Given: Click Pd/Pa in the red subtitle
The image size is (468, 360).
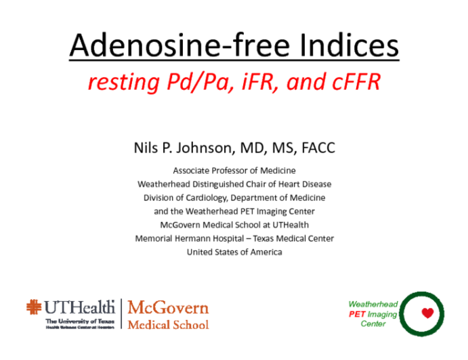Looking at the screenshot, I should point(198,82).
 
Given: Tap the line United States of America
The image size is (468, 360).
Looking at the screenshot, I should point(234,252).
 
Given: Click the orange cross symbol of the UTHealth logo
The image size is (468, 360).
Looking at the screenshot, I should point(34,307).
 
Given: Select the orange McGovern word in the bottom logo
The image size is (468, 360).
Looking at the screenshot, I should point(168,308).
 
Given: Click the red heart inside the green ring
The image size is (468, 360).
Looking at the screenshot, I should point(427,313).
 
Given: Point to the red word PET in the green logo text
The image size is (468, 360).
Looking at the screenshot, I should point(357,314).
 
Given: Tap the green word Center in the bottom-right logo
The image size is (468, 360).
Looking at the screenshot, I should point(373,324).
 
